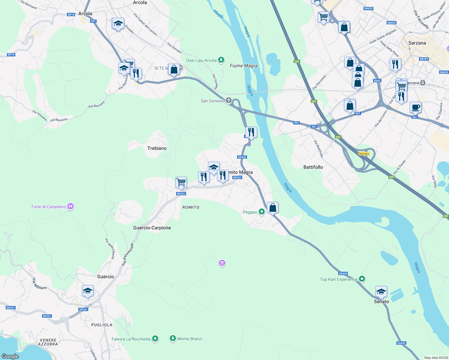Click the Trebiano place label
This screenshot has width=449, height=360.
pos(157,148)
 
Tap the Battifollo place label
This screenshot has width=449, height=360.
pos(313,167)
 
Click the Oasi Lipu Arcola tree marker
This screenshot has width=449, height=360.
pos(221,60)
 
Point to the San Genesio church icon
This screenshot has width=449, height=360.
pos(229,100)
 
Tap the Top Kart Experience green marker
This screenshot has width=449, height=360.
pos(362,279)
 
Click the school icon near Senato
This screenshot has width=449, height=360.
pos(381,292)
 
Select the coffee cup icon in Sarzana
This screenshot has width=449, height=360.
pos(415,107)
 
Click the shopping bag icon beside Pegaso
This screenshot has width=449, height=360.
pos(273,208)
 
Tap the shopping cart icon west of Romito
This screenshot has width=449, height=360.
pos(181,182)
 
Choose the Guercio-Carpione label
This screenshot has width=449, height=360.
pos(152,228)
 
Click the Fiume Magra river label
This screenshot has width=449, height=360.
pos(243,66)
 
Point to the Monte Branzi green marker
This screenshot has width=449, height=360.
pos(173,338)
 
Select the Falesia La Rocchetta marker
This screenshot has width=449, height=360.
pos(155,339)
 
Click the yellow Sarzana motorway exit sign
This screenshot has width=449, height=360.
pos(364,154)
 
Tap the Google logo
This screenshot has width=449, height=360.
pos(10,356)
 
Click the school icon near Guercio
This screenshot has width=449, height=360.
pos(88,291)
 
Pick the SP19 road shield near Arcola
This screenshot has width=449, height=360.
pos(71,14)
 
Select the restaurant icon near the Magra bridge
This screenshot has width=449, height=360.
pos(251,132)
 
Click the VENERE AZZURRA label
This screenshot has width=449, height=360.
pos(48,342)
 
